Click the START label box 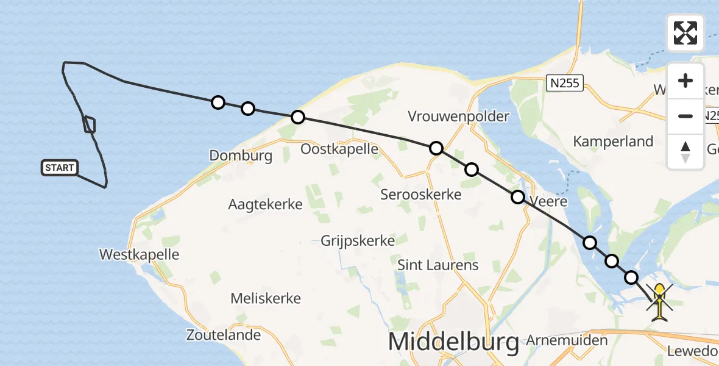[x=60, y=168]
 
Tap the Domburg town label [x=241, y=156]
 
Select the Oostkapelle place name [x=340, y=149]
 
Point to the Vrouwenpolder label [x=459, y=116]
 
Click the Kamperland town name [x=613, y=142]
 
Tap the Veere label [x=549, y=201]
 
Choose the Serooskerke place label [x=421, y=195]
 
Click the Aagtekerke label [x=265, y=204]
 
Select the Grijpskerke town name [x=358, y=240]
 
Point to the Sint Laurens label [x=437, y=265]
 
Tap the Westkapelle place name [x=140, y=254]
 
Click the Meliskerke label [x=266, y=298]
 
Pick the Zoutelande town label [x=224, y=334]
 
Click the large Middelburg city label [x=453, y=342]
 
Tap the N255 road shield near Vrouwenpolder [x=565, y=83]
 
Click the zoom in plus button [x=685, y=81]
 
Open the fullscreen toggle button [x=685, y=33]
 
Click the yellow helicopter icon [x=660, y=301]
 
